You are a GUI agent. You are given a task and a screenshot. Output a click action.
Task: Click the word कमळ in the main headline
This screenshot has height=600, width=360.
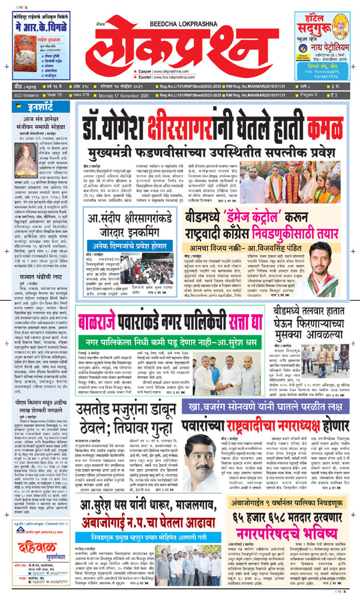310,124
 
